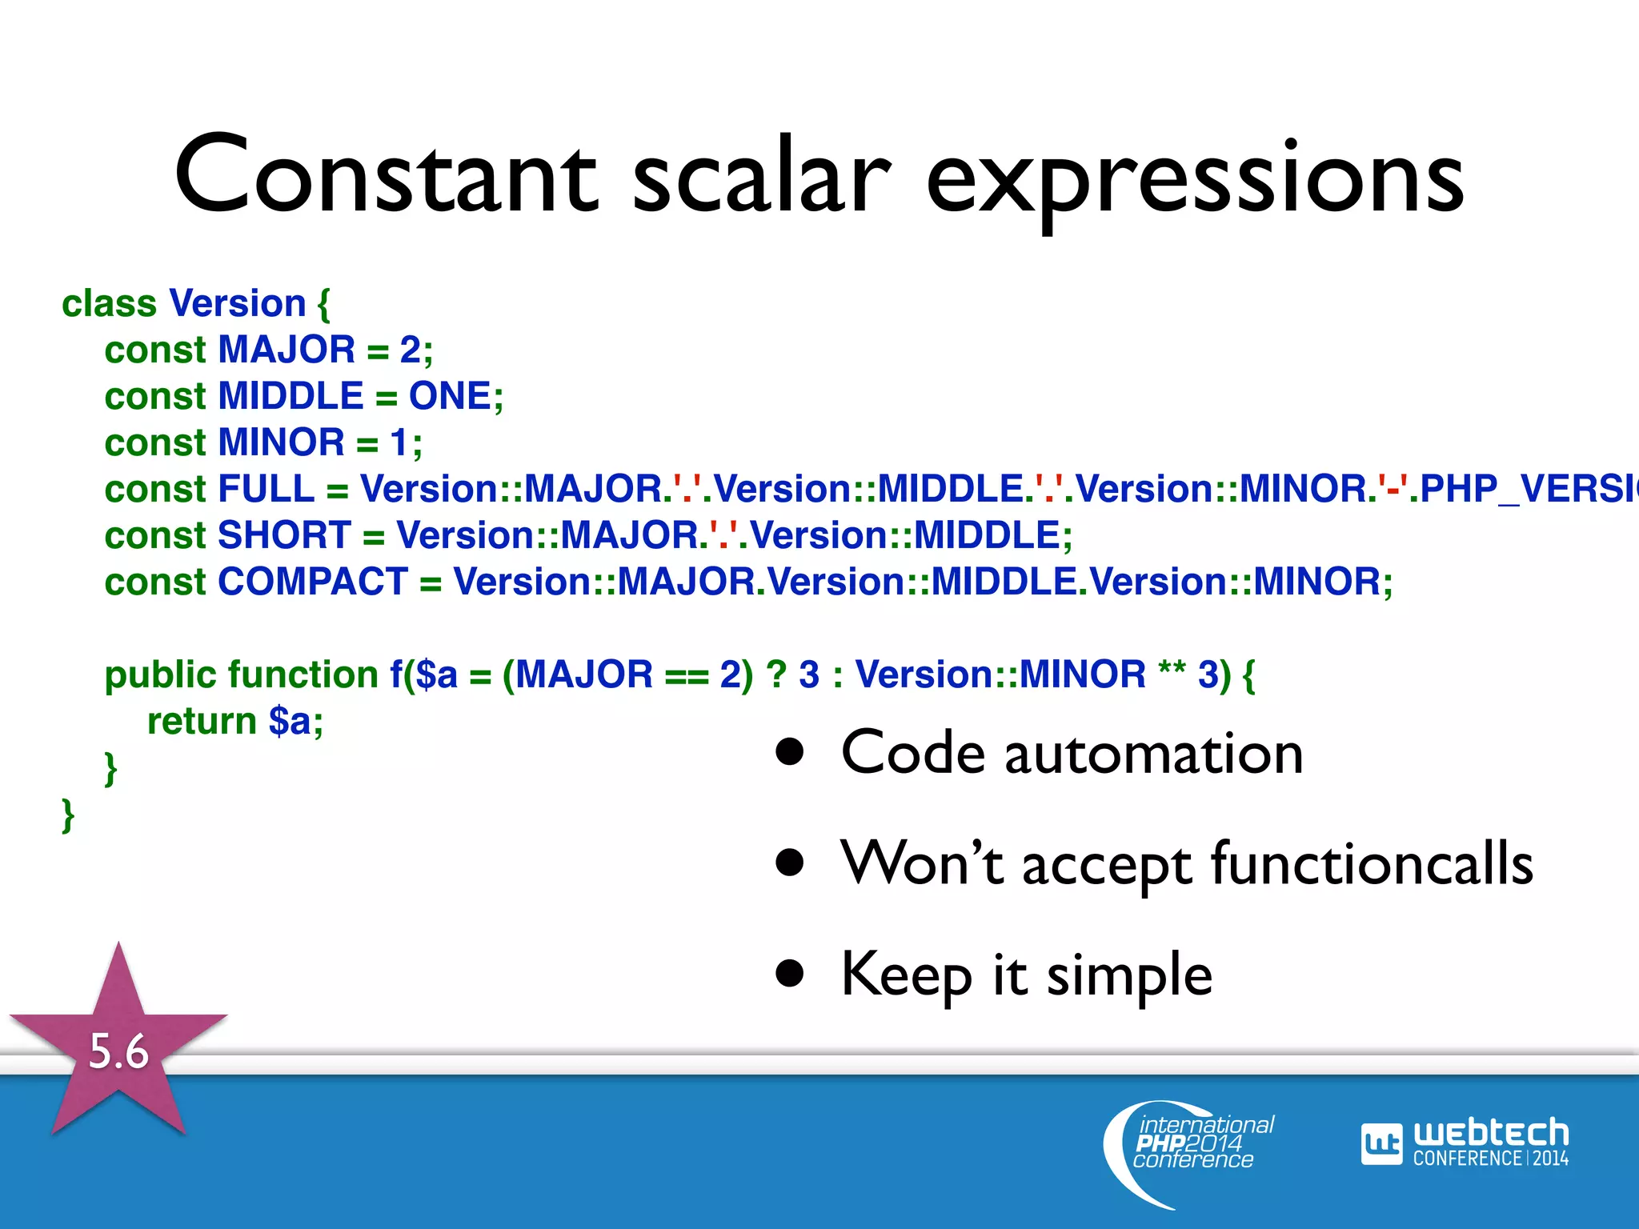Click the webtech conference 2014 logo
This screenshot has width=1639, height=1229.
coord(1465,1143)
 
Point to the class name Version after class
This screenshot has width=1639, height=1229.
coord(238,304)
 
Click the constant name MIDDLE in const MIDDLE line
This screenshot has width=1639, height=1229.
coord(291,397)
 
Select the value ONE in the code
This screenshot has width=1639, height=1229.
coord(450,397)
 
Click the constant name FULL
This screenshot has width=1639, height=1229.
coord(266,490)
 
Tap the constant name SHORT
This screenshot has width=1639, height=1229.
coord(284,536)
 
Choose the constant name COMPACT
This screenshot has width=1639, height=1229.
coord(313,582)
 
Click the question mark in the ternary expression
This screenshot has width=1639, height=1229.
coord(776,675)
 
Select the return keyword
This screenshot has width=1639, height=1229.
coord(202,722)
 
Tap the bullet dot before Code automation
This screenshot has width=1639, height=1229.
coord(790,752)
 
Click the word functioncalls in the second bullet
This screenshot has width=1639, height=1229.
coord(1372,864)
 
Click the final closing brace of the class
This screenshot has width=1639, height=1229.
coord(68,815)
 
